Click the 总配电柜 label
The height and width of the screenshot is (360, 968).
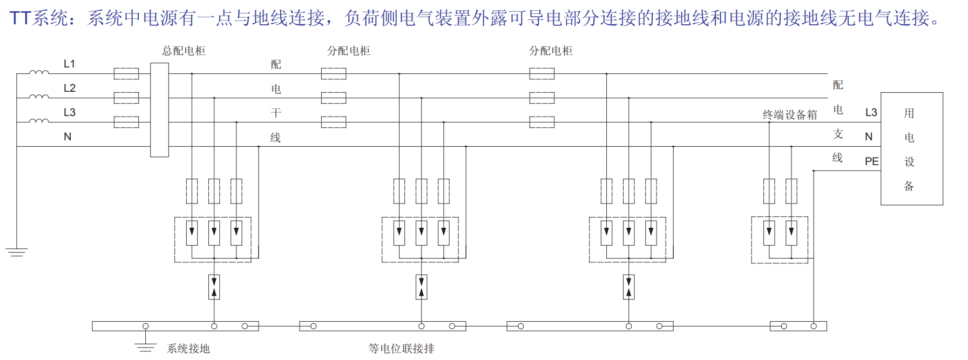click(184, 51)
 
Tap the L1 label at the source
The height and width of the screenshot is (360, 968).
click(69, 64)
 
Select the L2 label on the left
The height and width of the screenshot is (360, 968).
click(69, 88)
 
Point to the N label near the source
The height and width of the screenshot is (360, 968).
click(67, 137)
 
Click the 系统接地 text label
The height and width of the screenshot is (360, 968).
click(188, 349)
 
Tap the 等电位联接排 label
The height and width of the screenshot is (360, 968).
click(401, 349)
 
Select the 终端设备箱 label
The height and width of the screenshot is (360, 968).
click(789, 114)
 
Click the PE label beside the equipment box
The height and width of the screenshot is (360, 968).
click(871, 161)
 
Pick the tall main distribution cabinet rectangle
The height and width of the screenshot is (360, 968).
click(159, 110)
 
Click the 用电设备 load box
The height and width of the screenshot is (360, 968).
click(911, 148)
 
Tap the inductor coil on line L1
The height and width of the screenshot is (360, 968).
click(38, 72)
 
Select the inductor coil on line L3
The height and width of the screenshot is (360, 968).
click(38, 120)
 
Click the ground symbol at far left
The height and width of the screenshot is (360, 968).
click(17, 252)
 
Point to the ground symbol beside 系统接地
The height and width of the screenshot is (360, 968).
click(145, 347)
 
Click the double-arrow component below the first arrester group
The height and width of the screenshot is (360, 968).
click(214, 287)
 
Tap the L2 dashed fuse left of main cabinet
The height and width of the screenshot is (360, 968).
click(126, 98)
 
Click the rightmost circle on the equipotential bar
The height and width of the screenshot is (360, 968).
click(814, 326)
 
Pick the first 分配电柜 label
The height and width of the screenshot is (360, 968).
click(348, 51)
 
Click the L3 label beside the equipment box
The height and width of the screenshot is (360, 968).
click(871, 112)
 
